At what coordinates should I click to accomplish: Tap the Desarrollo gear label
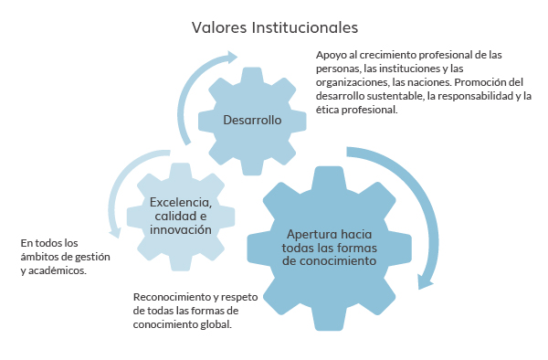pos(252,121)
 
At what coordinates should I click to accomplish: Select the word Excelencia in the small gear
pos(181,202)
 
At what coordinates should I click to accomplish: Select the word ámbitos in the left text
pos(38,257)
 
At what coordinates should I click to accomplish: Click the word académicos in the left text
pos(58,270)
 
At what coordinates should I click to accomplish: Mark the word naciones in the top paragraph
pos(423,81)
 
